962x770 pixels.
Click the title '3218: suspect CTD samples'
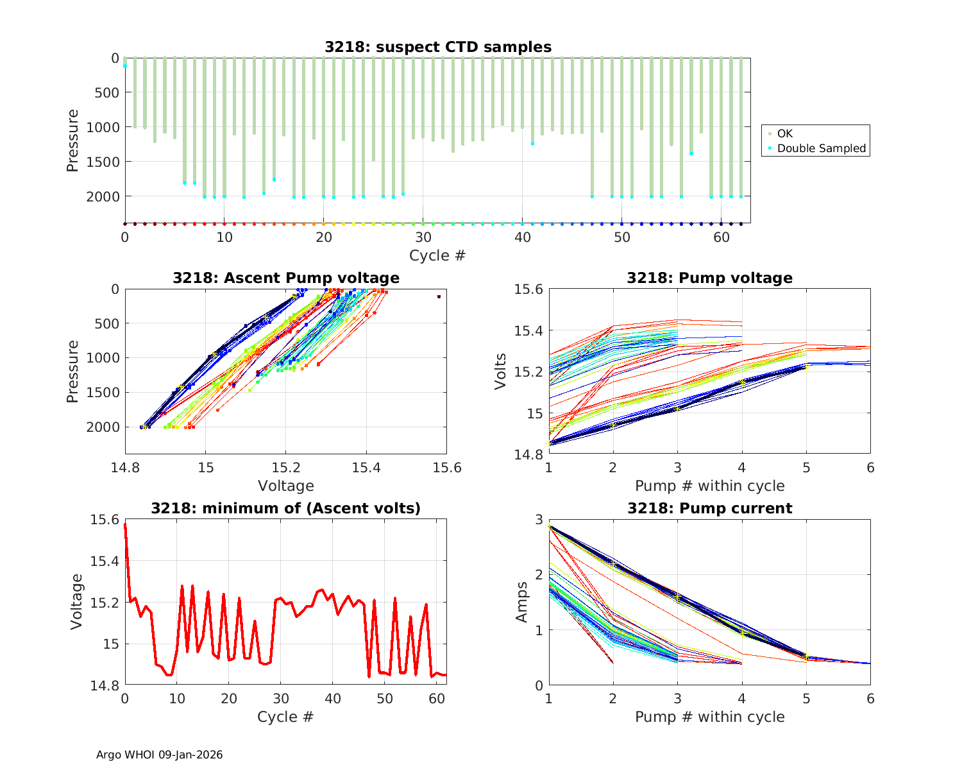pyautogui.click(x=437, y=47)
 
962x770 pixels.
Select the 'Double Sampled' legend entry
pyautogui.click(x=821, y=148)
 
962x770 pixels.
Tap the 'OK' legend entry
pyautogui.click(x=784, y=133)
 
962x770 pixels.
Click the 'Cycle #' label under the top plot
pyautogui.click(x=437, y=255)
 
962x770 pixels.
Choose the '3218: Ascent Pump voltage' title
pyautogui.click(x=286, y=278)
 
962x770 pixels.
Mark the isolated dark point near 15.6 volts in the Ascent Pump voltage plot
pyautogui.click(x=439, y=296)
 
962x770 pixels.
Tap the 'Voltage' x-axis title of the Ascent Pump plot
pyautogui.click(x=286, y=486)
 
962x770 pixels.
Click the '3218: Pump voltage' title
pyautogui.click(x=709, y=278)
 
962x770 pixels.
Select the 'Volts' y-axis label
pyautogui.click(x=501, y=372)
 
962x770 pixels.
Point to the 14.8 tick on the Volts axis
pyautogui.click(x=529, y=455)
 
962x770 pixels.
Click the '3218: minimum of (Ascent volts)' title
pyautogui.click(x=286, y=508)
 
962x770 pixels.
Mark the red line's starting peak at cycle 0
pyautogui.click(x=125, y=524)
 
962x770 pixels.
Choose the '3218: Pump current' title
pyautogui.click(x=709, y=508)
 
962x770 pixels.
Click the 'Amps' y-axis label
pyautogui.click(x=522, y=602)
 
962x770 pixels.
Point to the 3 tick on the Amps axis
pyautogui.click(x=538, y=519)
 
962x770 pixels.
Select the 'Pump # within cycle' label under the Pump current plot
pyautogui.click(x=709, y=717)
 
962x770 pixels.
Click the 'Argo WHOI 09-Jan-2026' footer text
pyautogui.click(x=160, y=755)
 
